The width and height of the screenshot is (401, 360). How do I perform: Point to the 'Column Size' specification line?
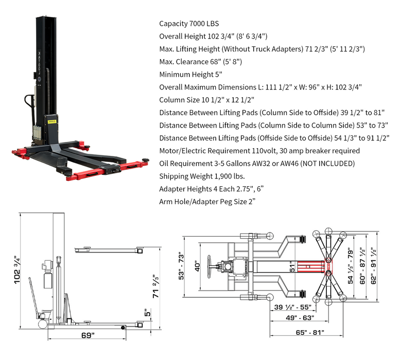pyautogui.click(x=206, y=100)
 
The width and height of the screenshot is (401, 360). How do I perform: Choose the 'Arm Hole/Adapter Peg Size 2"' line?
pyautogui.click(x=207, y=201)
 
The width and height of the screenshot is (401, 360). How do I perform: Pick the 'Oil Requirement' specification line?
pyautogui.click(x=257, y=163)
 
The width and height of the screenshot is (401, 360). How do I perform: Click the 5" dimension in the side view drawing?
pyautogui.click(x=148, y=312)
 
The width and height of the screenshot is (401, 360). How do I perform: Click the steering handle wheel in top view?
pyautogui.click(x=210, y=265)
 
